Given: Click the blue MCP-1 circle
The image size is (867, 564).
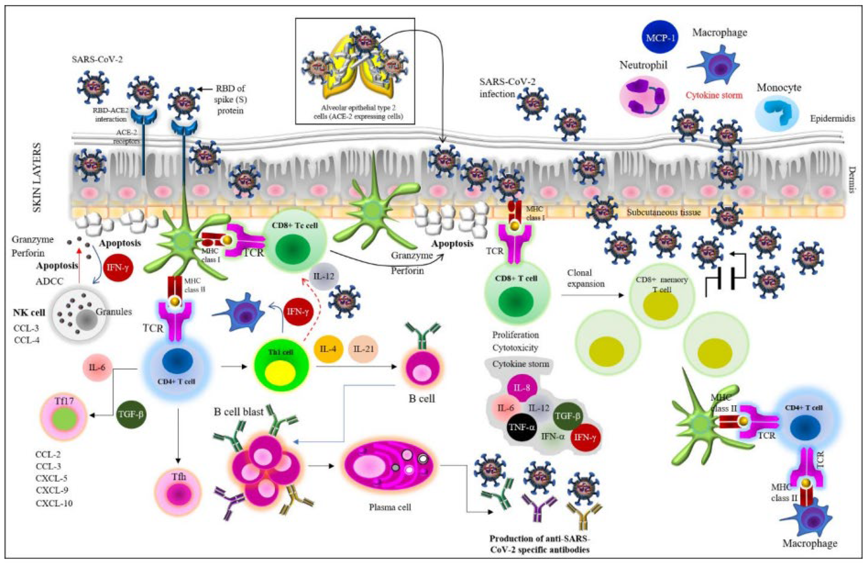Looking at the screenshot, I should (x=660, y=38).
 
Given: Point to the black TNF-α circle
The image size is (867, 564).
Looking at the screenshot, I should (x=522, y=427).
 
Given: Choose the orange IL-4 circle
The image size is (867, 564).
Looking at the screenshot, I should (x=328, y=349).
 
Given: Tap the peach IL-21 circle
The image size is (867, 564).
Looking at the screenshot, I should (x=363, y=349).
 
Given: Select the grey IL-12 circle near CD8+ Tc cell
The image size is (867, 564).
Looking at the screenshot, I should (x=323, y=277).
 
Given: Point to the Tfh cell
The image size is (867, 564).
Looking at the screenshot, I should (x=178, y=492).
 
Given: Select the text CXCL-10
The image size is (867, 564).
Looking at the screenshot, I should (x=54, y=503).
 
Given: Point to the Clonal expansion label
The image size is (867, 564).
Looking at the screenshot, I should (x=585, y=278).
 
